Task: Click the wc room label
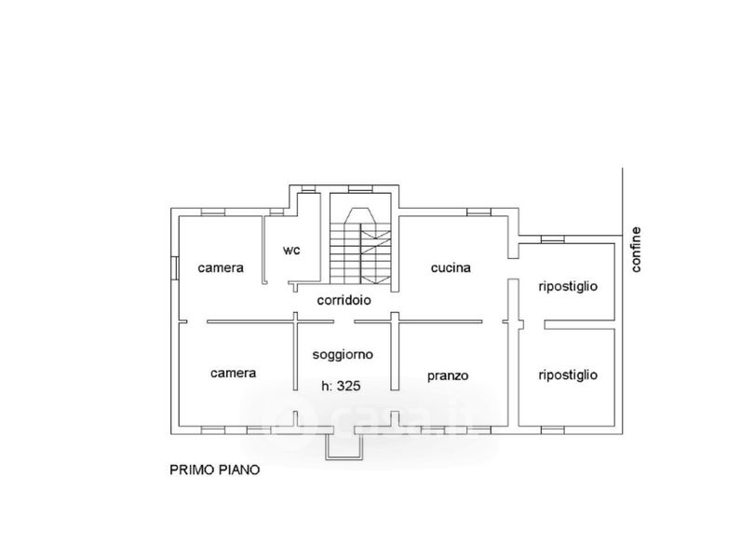point(291,251)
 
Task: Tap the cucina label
point(451,267)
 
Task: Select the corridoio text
point(344,300)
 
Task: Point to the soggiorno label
point(343,355)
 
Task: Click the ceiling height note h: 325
point(341,386)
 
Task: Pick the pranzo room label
point(448,376)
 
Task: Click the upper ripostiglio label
point(568,287)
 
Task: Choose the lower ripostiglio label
point(568,375)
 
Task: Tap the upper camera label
point(221,268)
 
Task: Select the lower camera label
point(234,374)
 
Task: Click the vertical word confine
point(636,250)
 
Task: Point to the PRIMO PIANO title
point(214,470)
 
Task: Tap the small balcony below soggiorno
point(345,447)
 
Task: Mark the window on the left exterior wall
point(175,268)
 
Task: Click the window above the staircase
point(360,189)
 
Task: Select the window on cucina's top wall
point(479,212)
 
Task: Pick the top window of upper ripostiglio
point(552,239)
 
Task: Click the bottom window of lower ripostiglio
point(552,429)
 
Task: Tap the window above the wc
point(309,189)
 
